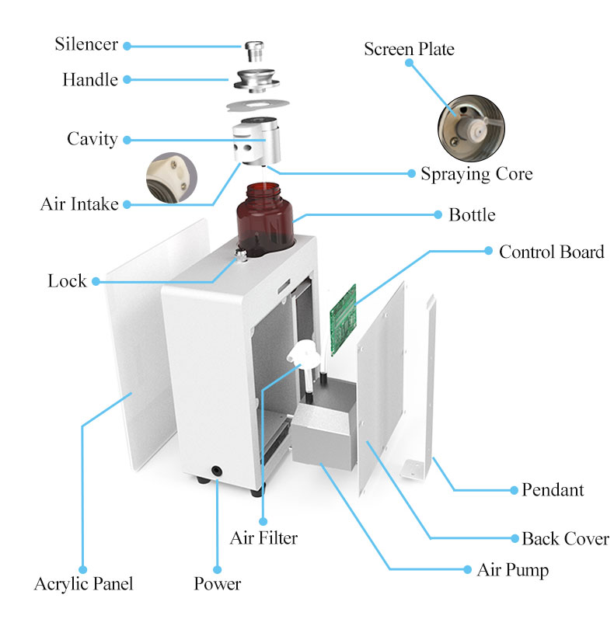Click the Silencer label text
pos(85,43)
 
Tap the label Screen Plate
pos(409,49)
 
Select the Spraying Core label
pos(476,174)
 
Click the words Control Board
pos(551,252)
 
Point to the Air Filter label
pos(263,537)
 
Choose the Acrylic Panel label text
pos(83,584)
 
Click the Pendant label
pos(553,490)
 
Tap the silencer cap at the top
pos(253,52)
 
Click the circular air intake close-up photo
pos(172,175)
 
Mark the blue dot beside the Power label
pos(217,569)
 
